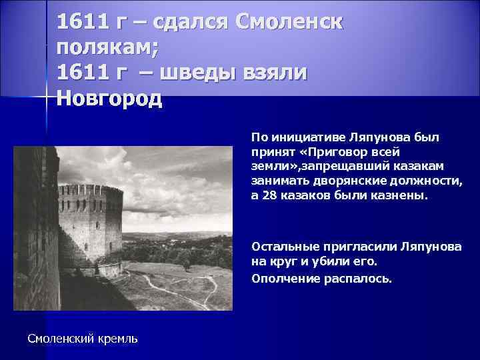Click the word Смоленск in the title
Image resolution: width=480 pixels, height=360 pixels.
(x=288, y=22)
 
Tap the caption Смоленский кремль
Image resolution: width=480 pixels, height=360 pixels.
(x=83, y=339)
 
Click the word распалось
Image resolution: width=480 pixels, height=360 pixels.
(x=360, y=277)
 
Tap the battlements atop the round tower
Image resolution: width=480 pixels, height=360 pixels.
(x=90, y=190)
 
